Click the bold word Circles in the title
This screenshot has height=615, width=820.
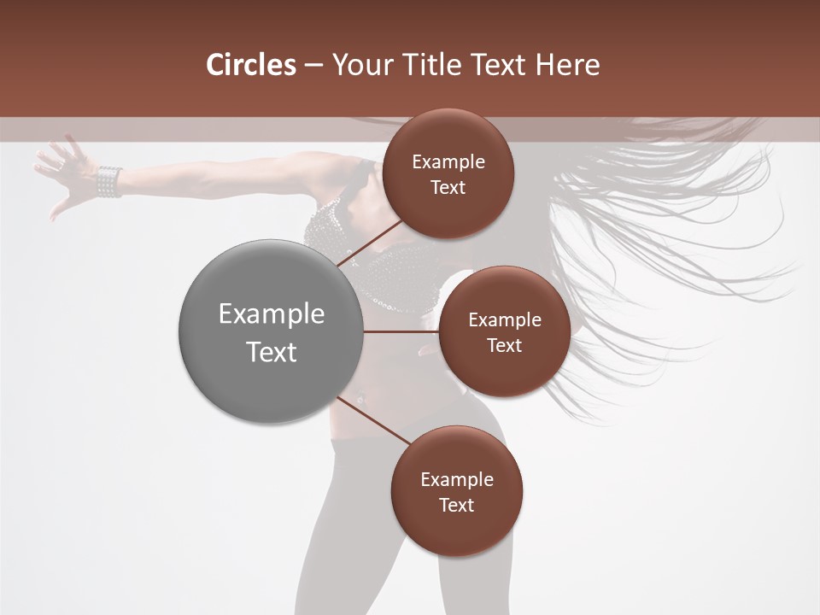point(251,65)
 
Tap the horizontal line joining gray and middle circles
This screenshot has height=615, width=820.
point(401,331)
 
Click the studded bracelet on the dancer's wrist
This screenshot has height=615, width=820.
point(109,181)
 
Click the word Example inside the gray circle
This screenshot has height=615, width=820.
point(271,313)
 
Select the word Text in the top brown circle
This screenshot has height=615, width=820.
point(448,187)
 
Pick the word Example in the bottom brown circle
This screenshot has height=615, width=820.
point(456,479)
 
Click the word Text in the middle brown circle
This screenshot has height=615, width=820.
point(504,345)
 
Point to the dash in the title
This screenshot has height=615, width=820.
point(313,65)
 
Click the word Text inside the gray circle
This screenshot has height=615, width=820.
point(271,352)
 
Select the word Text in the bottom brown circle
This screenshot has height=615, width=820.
point(456,505)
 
